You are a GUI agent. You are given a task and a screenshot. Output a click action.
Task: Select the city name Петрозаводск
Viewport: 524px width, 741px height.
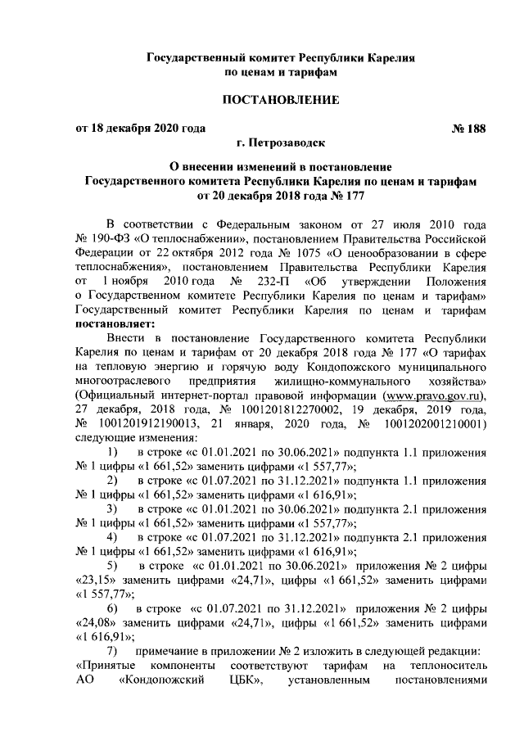pyautogui.click(x=289, y=142)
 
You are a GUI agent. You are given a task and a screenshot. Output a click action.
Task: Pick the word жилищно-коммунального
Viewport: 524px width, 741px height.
pyautogui.click(x=337, y=382)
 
